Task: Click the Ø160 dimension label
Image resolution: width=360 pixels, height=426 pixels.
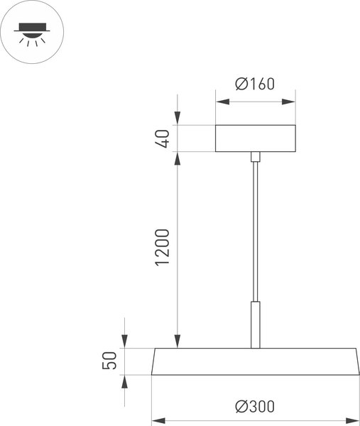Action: (255, 84)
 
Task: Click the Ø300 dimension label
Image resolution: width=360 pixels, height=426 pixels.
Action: (255, 407)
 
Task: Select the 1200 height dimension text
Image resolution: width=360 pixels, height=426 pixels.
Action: (163, 248)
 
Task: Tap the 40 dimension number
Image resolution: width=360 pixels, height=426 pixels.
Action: (163, 138)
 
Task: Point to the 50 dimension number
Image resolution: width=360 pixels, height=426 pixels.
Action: (109, 361)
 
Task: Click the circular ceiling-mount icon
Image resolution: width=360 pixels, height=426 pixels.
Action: (33, 33)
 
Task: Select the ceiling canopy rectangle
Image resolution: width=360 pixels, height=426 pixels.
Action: (255, 138)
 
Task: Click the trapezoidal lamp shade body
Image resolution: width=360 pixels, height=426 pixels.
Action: (255, 361)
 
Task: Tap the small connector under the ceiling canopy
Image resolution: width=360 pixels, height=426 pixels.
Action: (255, 156)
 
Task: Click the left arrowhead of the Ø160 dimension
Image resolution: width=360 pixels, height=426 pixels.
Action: (221, 102)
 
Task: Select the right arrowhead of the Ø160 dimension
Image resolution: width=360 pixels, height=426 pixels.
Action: (289, 102)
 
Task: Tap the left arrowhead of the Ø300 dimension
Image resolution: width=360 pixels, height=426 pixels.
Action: (158, 420)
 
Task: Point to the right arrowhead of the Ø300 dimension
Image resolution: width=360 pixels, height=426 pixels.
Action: (353, 420)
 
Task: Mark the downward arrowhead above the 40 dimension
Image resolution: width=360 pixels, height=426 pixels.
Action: (178, 119)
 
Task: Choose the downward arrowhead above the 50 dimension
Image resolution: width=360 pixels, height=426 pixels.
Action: (125, 342)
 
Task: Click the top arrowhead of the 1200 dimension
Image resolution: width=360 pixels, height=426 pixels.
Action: (178, 158)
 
